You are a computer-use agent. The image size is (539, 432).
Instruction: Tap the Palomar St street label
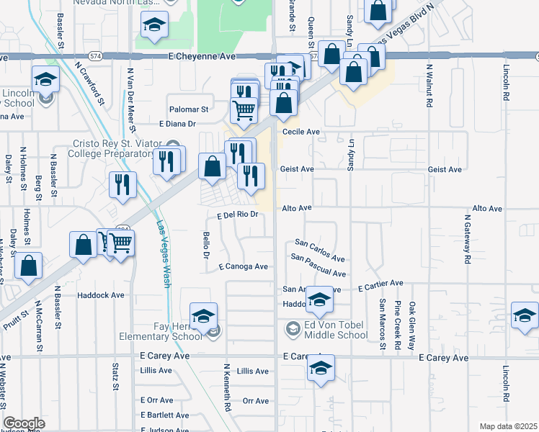pyautogui.click(x=188, y=110)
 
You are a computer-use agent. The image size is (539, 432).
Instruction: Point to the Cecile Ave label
pyautogui.click(x=300, y=132)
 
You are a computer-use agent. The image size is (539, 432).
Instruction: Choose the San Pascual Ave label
pyautogui.click(x=318, y=265)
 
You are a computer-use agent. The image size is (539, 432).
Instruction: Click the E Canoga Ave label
pyautogui.click(x=244, y=266)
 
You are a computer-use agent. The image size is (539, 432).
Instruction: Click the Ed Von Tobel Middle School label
pyautogui.click(x=336, y=329)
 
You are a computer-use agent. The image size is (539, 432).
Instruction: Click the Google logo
pyautogui.click(x=24, y=423)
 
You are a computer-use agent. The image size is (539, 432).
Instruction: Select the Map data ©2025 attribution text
pyautogui.click(x=509, y=426)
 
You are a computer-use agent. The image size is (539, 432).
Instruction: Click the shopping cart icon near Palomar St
pyautogui.click(x=244, y=110)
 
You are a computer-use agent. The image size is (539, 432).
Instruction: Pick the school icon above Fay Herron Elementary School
pyautogui.click(x=204, y=315)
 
